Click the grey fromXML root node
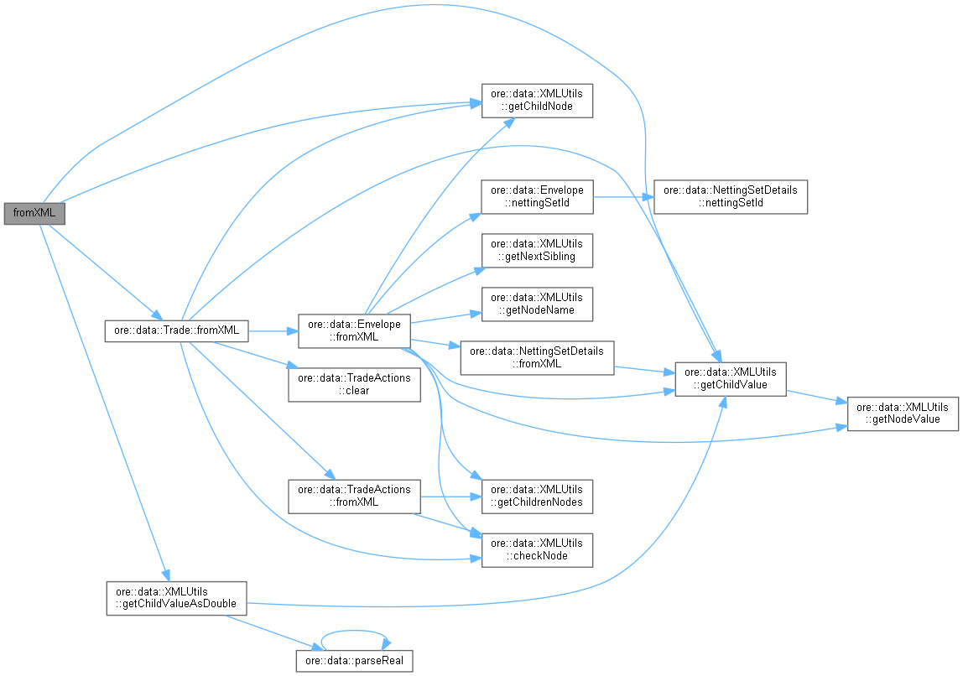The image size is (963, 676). coord(34,213)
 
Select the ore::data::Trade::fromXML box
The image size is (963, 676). coord(176,331)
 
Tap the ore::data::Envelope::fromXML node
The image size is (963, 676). coord(354,330)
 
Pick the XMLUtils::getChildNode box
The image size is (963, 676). coord(537,101)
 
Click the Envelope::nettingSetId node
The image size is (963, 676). coord(537,197)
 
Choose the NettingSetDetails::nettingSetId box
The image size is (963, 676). coord(731,197)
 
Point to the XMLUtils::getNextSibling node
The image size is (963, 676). coord(537,250)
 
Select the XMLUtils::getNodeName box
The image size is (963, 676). coord(537,304)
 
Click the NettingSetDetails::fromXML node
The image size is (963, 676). coord(537,357)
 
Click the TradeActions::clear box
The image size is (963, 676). coord(353,384)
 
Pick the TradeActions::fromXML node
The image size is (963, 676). coord(353,496)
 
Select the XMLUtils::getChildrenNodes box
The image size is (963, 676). coord(537,496)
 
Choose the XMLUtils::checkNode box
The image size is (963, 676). coord(537,549)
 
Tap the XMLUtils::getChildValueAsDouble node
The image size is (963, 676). coord(176,598)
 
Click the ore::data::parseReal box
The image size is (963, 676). coord(354,660)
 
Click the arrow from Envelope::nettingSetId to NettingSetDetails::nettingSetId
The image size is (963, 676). coord(621,197)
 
